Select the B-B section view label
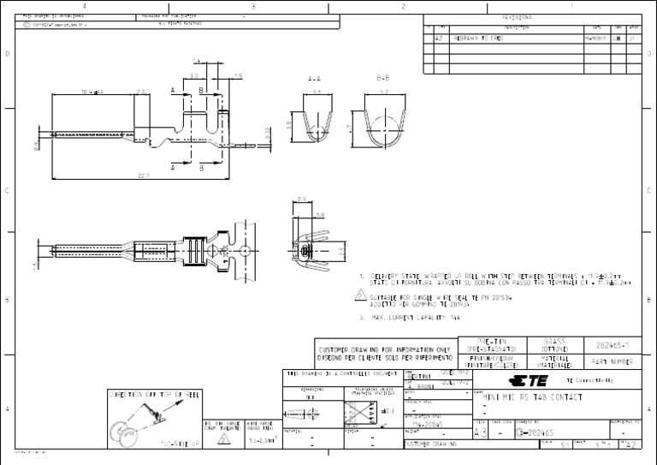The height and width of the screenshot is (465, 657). coord(382,77)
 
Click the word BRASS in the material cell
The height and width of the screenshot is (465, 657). coord(555,341)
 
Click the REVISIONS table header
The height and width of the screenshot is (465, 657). coord(517,16)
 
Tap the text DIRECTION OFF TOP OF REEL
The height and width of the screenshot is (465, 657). coord(155,395)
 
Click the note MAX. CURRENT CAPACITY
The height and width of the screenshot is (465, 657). coord(411,316)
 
